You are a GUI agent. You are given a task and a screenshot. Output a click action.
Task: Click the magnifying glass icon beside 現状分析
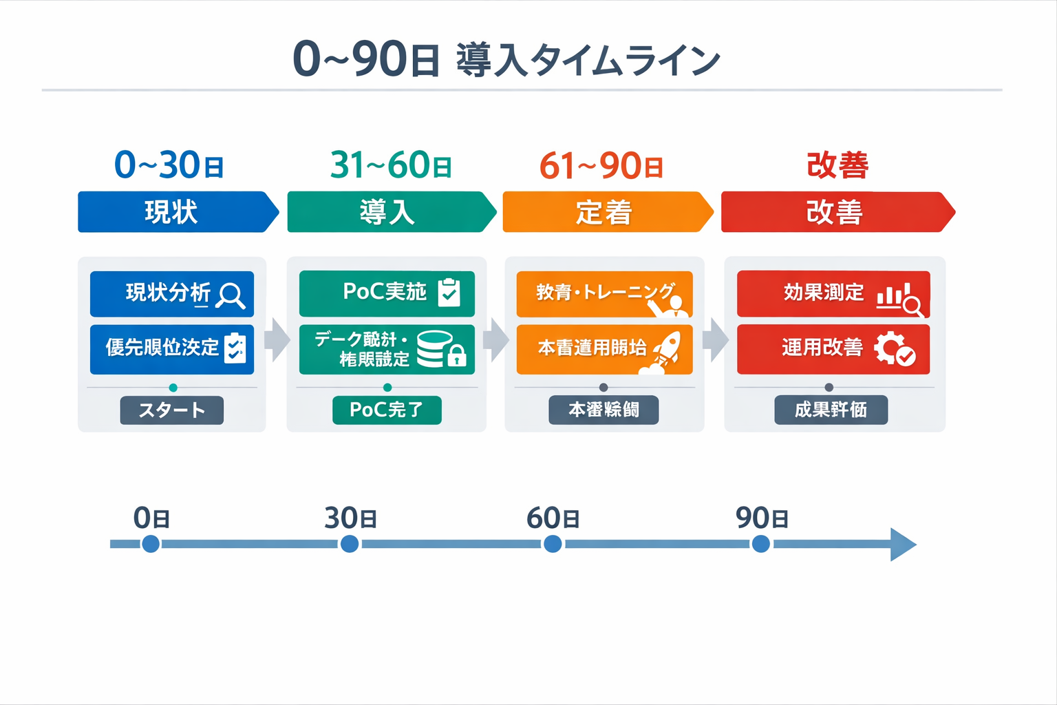(x=230, y=295)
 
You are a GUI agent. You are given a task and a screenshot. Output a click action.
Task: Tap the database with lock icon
(x=441, y=348)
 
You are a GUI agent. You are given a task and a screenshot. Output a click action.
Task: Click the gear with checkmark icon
(x=894, y=348)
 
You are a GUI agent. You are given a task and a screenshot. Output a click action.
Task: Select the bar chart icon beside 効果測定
(x=899, y=297)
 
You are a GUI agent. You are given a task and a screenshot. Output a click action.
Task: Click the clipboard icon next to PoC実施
(x=449, y=292)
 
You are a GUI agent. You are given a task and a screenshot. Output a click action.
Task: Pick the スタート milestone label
(x=172, y=410)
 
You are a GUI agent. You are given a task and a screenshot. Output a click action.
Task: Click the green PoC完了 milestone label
(x=387, y=410)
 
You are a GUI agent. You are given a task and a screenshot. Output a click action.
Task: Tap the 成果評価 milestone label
(x=831, y=410)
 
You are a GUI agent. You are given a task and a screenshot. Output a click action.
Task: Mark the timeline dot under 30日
(x=350, y=545)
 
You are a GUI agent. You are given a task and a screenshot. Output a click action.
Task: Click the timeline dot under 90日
(x=761, y=545)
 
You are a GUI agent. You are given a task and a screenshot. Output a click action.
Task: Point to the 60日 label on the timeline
(x=553, y=518)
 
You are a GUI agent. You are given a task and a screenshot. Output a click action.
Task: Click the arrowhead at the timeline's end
(x=903, y=545)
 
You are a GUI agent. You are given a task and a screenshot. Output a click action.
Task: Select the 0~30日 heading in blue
(x=169, y=165)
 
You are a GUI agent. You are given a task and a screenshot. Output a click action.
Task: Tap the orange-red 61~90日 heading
(x=601, y=166)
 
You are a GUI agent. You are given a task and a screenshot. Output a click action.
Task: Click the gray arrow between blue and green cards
(x=277, y=339)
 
